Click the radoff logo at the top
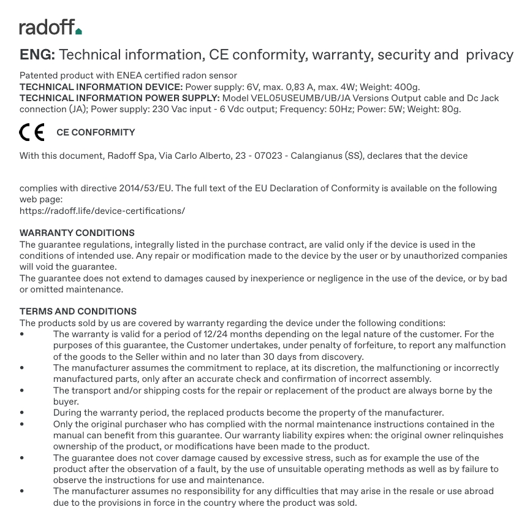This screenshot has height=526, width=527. [x=50, y=27]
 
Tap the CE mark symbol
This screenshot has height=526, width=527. [x=32, y=132]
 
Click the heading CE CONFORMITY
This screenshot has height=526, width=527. [x=96, y=132]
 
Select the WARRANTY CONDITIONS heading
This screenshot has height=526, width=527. [x=77, y=233]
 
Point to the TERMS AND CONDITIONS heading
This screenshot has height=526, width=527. [x=78, y=311]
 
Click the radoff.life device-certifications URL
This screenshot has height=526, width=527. [x=102, y=211]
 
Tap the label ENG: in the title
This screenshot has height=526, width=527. [x=37, y=55]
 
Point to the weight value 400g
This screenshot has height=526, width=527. [x=407, y=87]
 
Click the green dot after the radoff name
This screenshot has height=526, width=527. [x=78, y=31]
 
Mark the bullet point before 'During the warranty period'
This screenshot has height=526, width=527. [x=22, y=413]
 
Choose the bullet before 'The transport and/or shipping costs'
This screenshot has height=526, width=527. [x=22, y=391]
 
